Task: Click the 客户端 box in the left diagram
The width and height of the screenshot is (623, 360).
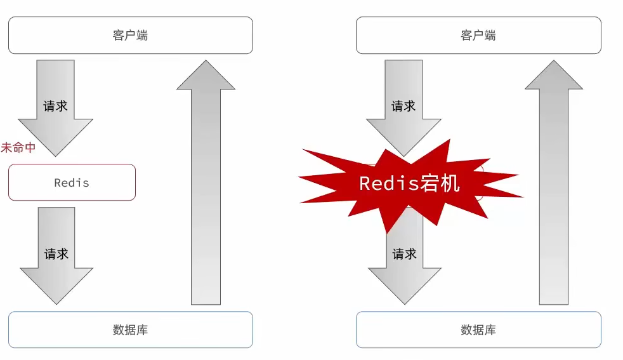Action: (130, 36)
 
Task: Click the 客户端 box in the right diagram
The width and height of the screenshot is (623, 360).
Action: (478, 36)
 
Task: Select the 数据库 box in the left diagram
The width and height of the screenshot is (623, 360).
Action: (130, 330)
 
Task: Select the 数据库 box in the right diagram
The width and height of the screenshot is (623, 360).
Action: (478, 330)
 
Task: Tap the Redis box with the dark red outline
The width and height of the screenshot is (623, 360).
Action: (72, 183)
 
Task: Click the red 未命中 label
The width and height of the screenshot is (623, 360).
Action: (18, 148)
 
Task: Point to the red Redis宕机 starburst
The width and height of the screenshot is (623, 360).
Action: (409, 184)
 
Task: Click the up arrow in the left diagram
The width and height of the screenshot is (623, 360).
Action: (206, 190)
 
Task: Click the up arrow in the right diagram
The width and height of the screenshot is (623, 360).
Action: (554, 190)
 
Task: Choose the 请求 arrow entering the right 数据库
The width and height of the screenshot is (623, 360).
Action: (404, 267)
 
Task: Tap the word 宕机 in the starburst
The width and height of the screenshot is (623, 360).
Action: (440, 183)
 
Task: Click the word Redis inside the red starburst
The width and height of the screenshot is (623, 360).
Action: (388, 183)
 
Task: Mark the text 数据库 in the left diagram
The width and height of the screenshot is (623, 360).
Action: (130, 330)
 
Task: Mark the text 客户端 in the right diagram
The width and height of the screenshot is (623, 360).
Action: (478, 36)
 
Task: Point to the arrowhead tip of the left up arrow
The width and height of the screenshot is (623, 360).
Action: (206, 62)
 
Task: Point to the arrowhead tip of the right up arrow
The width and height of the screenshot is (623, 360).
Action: (554, 62)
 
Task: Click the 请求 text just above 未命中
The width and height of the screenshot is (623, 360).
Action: (55, 106)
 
